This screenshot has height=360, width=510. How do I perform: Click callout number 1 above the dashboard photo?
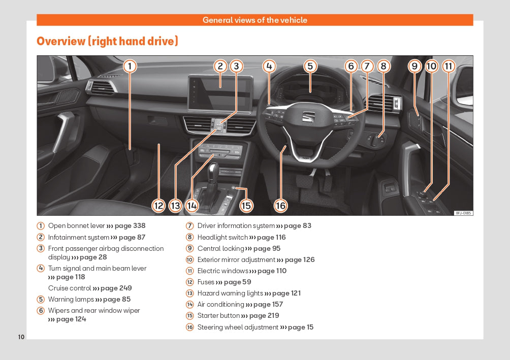pos(130,66)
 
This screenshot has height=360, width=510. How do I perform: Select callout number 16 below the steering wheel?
pos(281,205)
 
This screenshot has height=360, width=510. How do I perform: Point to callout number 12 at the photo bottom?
pos(159,205)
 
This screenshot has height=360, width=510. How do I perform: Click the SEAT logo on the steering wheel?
pos(309,116)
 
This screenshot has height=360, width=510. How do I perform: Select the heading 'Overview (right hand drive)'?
pos(107,41)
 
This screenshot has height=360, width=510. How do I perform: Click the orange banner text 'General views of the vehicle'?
pos(255,20)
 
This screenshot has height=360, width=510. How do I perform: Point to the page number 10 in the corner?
pos(21,337)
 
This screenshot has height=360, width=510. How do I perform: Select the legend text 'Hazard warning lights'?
pos(230,293)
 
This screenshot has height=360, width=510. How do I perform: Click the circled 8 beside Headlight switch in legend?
pos(190,237)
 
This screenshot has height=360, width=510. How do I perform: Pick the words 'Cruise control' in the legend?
pos(70,288)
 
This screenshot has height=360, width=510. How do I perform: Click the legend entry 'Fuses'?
pos(206,282)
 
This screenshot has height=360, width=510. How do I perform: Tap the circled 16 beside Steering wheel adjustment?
pos(190,328)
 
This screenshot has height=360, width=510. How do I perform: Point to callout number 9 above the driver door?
pos(415,66)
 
